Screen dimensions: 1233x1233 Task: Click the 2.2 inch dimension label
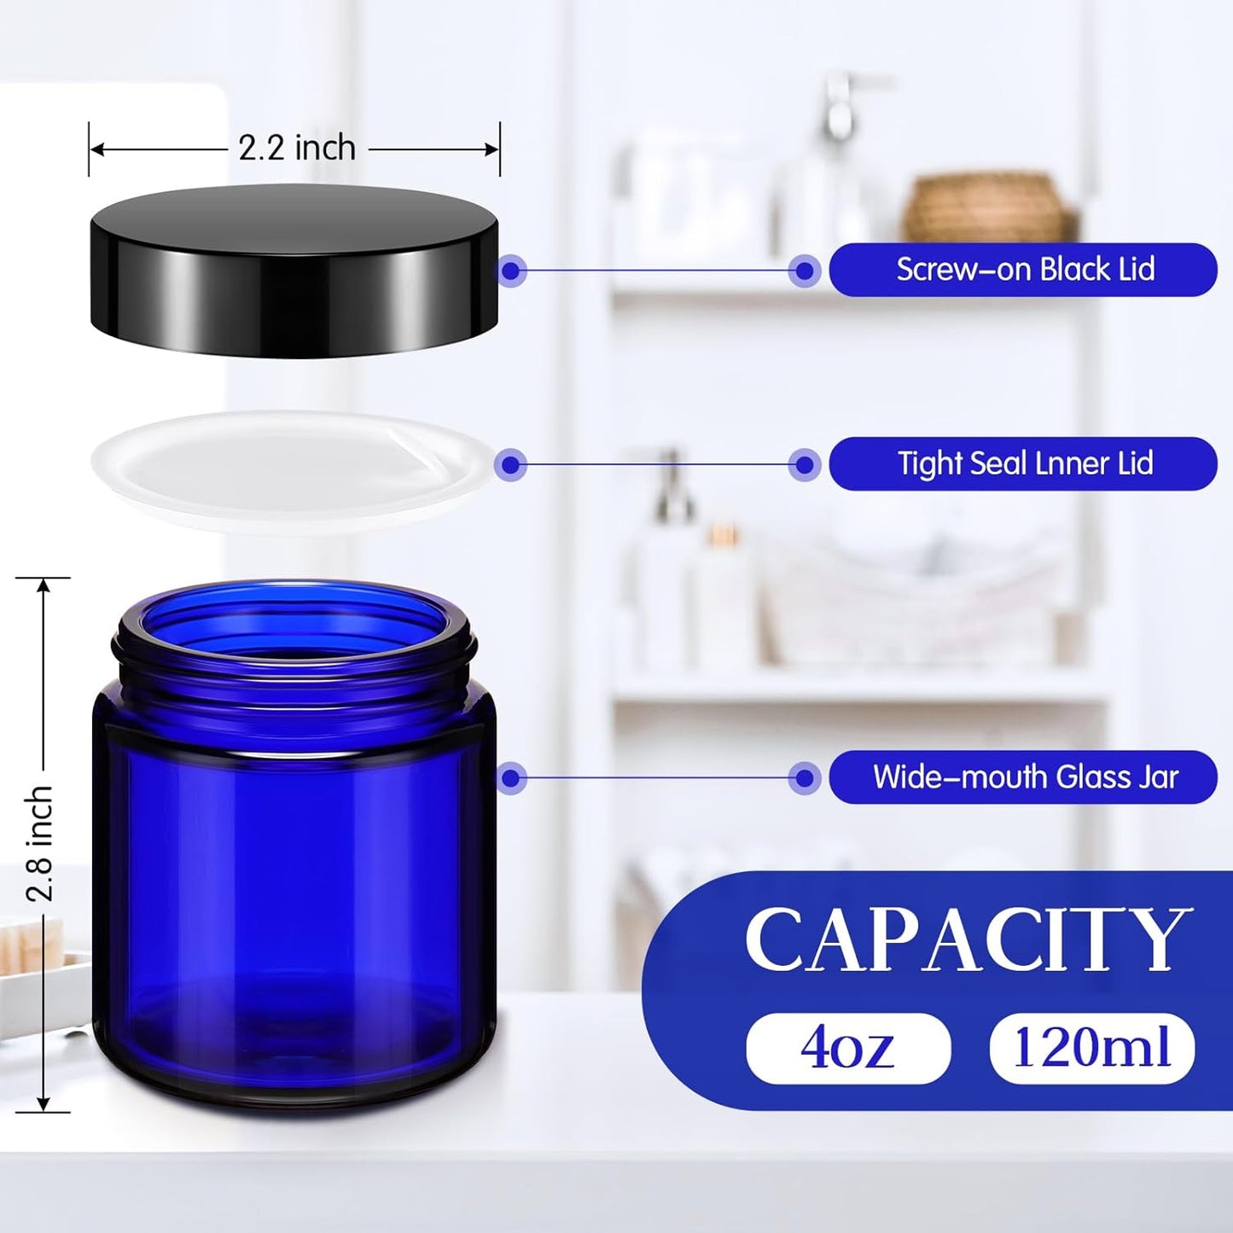(297, 148)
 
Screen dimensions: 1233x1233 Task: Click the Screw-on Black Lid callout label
(1023, 270)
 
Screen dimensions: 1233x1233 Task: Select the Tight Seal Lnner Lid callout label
(1023, 463)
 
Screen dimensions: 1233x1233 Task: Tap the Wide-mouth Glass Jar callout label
(1023, 777)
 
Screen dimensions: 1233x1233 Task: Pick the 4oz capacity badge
(848, 1048)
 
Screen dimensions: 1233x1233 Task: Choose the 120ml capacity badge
(1091, 1048)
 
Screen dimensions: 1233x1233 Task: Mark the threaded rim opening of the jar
(294, 623)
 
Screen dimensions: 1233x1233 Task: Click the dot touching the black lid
(511, 270)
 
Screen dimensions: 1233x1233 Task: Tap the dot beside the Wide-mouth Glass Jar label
(804, 777)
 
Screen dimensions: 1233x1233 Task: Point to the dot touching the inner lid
(511, 464)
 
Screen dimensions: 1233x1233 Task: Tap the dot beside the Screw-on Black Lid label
(804, 270)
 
